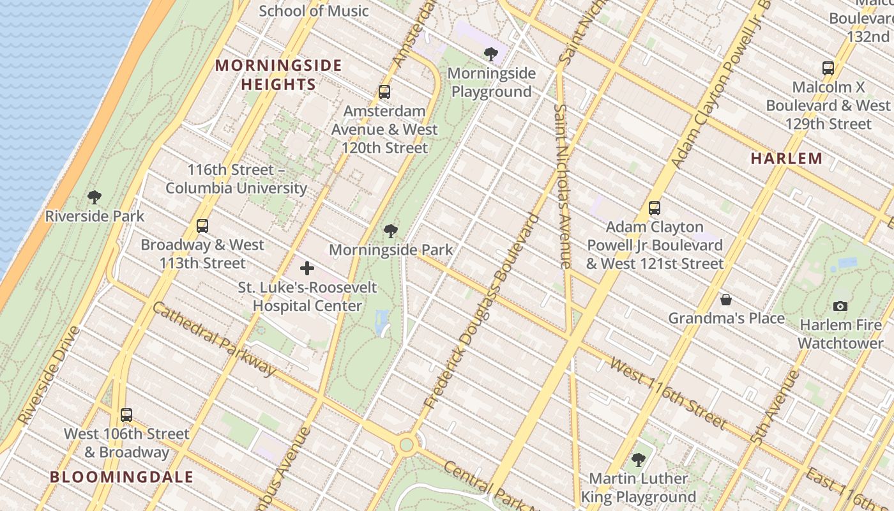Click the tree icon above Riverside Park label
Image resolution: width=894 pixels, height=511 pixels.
click(95, 197)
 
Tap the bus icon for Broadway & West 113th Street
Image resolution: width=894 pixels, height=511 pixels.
click(202, 225)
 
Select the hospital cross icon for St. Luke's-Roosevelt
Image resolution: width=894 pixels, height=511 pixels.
click(307, 268)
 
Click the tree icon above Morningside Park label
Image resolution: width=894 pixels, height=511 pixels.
click(391, 231)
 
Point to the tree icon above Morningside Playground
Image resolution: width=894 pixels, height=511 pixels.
click(490, 54)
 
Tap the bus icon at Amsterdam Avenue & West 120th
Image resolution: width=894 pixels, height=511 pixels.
click(384, 92)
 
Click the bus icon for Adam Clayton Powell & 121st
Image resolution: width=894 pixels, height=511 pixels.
click(654, 208)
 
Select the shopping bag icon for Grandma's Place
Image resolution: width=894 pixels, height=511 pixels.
click(725, 299)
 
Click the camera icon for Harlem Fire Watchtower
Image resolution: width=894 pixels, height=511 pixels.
click(840, 306)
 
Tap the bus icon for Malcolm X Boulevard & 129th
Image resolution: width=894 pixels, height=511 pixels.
click(828, 68)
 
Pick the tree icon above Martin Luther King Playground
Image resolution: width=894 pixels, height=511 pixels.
click(638, 459)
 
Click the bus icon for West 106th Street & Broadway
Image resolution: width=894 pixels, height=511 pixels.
click(126, 415)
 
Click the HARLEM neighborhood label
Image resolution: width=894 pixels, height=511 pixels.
click(786, 158)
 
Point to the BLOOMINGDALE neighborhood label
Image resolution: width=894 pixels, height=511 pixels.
click(121, 477)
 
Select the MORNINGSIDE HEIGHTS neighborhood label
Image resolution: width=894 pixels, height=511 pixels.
click(278, 75)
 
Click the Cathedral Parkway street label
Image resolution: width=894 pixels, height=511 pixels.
click(214, 338)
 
